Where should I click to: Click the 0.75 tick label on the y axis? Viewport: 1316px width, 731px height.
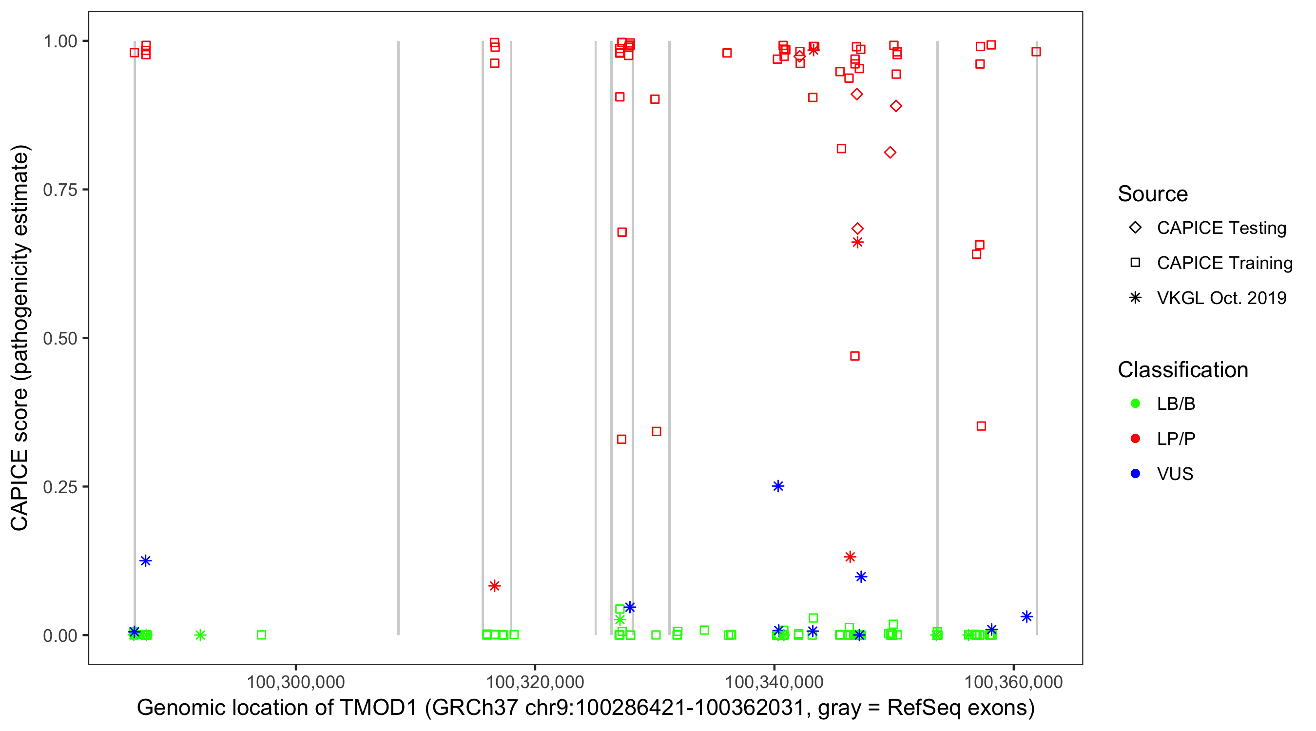(x=59, y=190)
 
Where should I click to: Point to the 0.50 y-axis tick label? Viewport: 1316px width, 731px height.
(x=59, y=338)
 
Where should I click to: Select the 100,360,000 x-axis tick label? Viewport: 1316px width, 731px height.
(x=1013, y=682)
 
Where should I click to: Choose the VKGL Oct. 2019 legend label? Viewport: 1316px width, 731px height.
(x=1221, y=298)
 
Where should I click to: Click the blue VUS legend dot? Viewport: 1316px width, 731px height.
(x=1135, y=474)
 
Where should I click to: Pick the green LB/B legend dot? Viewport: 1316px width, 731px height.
(x=1135, y=404)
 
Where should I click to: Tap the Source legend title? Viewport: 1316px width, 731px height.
(x=1153, y=194)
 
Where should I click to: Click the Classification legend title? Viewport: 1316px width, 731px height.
(x=1182, y=370)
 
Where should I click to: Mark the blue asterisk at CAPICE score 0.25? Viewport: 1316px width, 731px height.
(x=777, y=486)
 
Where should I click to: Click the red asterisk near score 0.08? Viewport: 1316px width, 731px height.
(x=494, y=586)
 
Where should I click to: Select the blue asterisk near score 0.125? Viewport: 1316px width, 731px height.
(x=146, y=561)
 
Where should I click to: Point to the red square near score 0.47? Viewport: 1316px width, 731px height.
(x=855, y=356)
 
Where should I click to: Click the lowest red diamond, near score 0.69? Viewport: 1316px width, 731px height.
(x=857, y=229)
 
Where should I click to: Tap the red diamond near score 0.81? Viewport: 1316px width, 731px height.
(x=890, y=153)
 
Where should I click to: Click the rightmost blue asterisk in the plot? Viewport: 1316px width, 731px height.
(x=1026, y=616)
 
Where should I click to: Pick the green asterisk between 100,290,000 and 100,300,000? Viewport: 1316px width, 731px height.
(x=200, y=635)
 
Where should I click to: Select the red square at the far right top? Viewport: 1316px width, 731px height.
(x=1036, y=52)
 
